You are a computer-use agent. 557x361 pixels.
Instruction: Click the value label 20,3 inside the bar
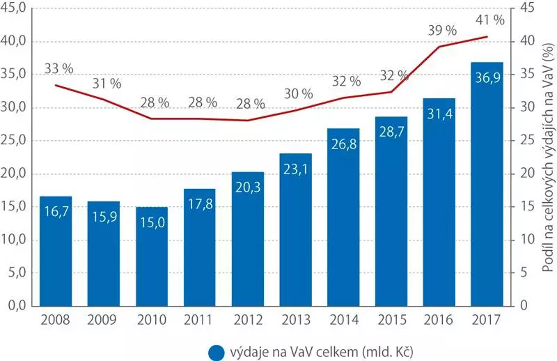pyautogui.click(x=247, y=187)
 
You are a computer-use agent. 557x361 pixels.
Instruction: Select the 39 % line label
pyautogui.click(x=442, y=30)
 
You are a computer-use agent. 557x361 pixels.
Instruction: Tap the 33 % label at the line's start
pyautogui.click(x=58, y=69)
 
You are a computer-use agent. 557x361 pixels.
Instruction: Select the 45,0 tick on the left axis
pyautogui.click(x=15, y=8)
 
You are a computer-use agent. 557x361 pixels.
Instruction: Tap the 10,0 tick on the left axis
pyautogui.click(x=15, y=240)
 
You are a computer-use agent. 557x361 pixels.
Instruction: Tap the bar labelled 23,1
pyautogui.click(x=295, y=229)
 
